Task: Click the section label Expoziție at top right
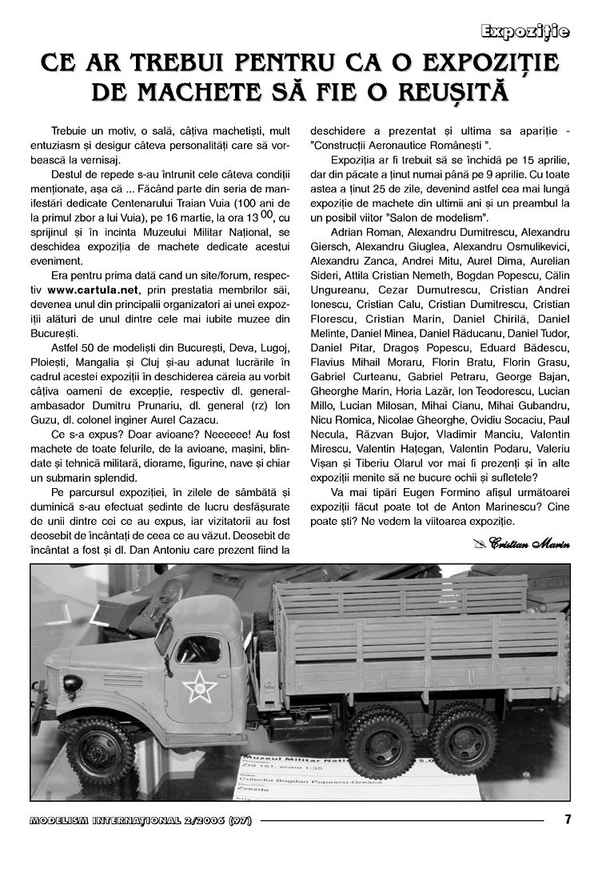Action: pyautogui.click(x=524, y=32)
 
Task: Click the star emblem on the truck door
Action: pyautogui.click(x=194, y=686)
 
